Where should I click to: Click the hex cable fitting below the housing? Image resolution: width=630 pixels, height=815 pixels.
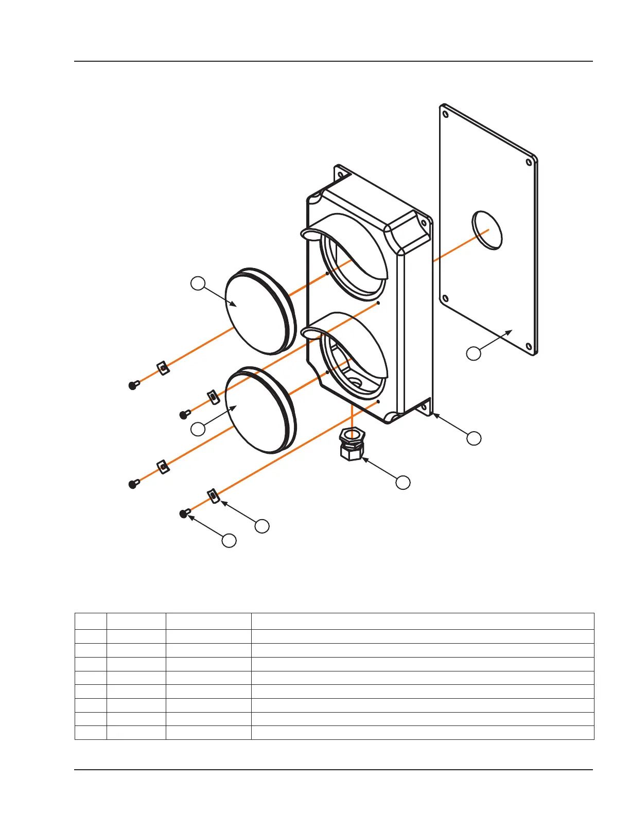352,444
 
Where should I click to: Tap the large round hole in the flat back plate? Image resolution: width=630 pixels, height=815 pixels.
487,230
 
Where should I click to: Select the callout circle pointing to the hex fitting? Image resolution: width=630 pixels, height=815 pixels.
403,482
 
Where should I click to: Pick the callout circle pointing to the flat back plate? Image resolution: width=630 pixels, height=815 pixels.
474,353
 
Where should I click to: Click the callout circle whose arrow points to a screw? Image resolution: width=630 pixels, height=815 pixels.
229,540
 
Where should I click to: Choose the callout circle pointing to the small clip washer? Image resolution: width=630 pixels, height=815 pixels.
262,526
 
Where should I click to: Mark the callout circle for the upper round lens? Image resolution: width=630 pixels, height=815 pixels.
198,283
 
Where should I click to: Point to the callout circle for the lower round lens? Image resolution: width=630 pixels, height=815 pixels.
198,429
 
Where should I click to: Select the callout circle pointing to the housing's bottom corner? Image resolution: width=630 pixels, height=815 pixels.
474,438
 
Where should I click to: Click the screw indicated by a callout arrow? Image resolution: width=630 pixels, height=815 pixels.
184,513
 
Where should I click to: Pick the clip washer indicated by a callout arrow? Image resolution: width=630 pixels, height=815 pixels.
214,496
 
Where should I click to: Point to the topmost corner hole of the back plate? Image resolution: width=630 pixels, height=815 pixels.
446,114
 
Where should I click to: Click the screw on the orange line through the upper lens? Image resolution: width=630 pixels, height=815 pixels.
133,385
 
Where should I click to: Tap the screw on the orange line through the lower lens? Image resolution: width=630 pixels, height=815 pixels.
133,484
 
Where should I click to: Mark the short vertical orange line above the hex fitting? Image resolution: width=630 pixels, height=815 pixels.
351,415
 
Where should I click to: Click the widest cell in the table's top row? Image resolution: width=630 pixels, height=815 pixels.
422,621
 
